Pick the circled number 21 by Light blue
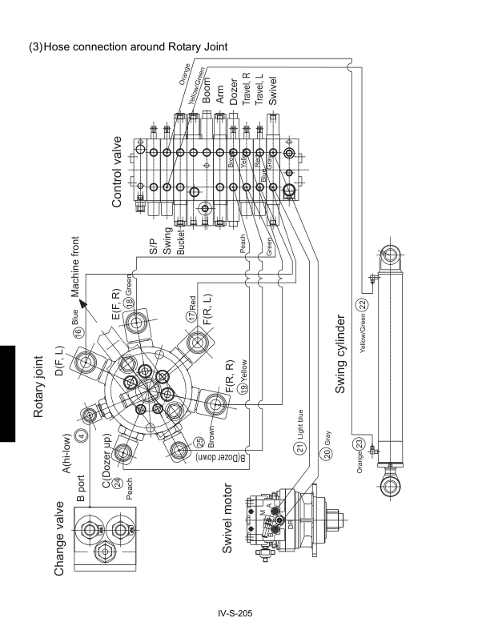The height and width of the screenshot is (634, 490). (300, 447)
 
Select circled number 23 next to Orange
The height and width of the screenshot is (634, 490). (360, 443)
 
